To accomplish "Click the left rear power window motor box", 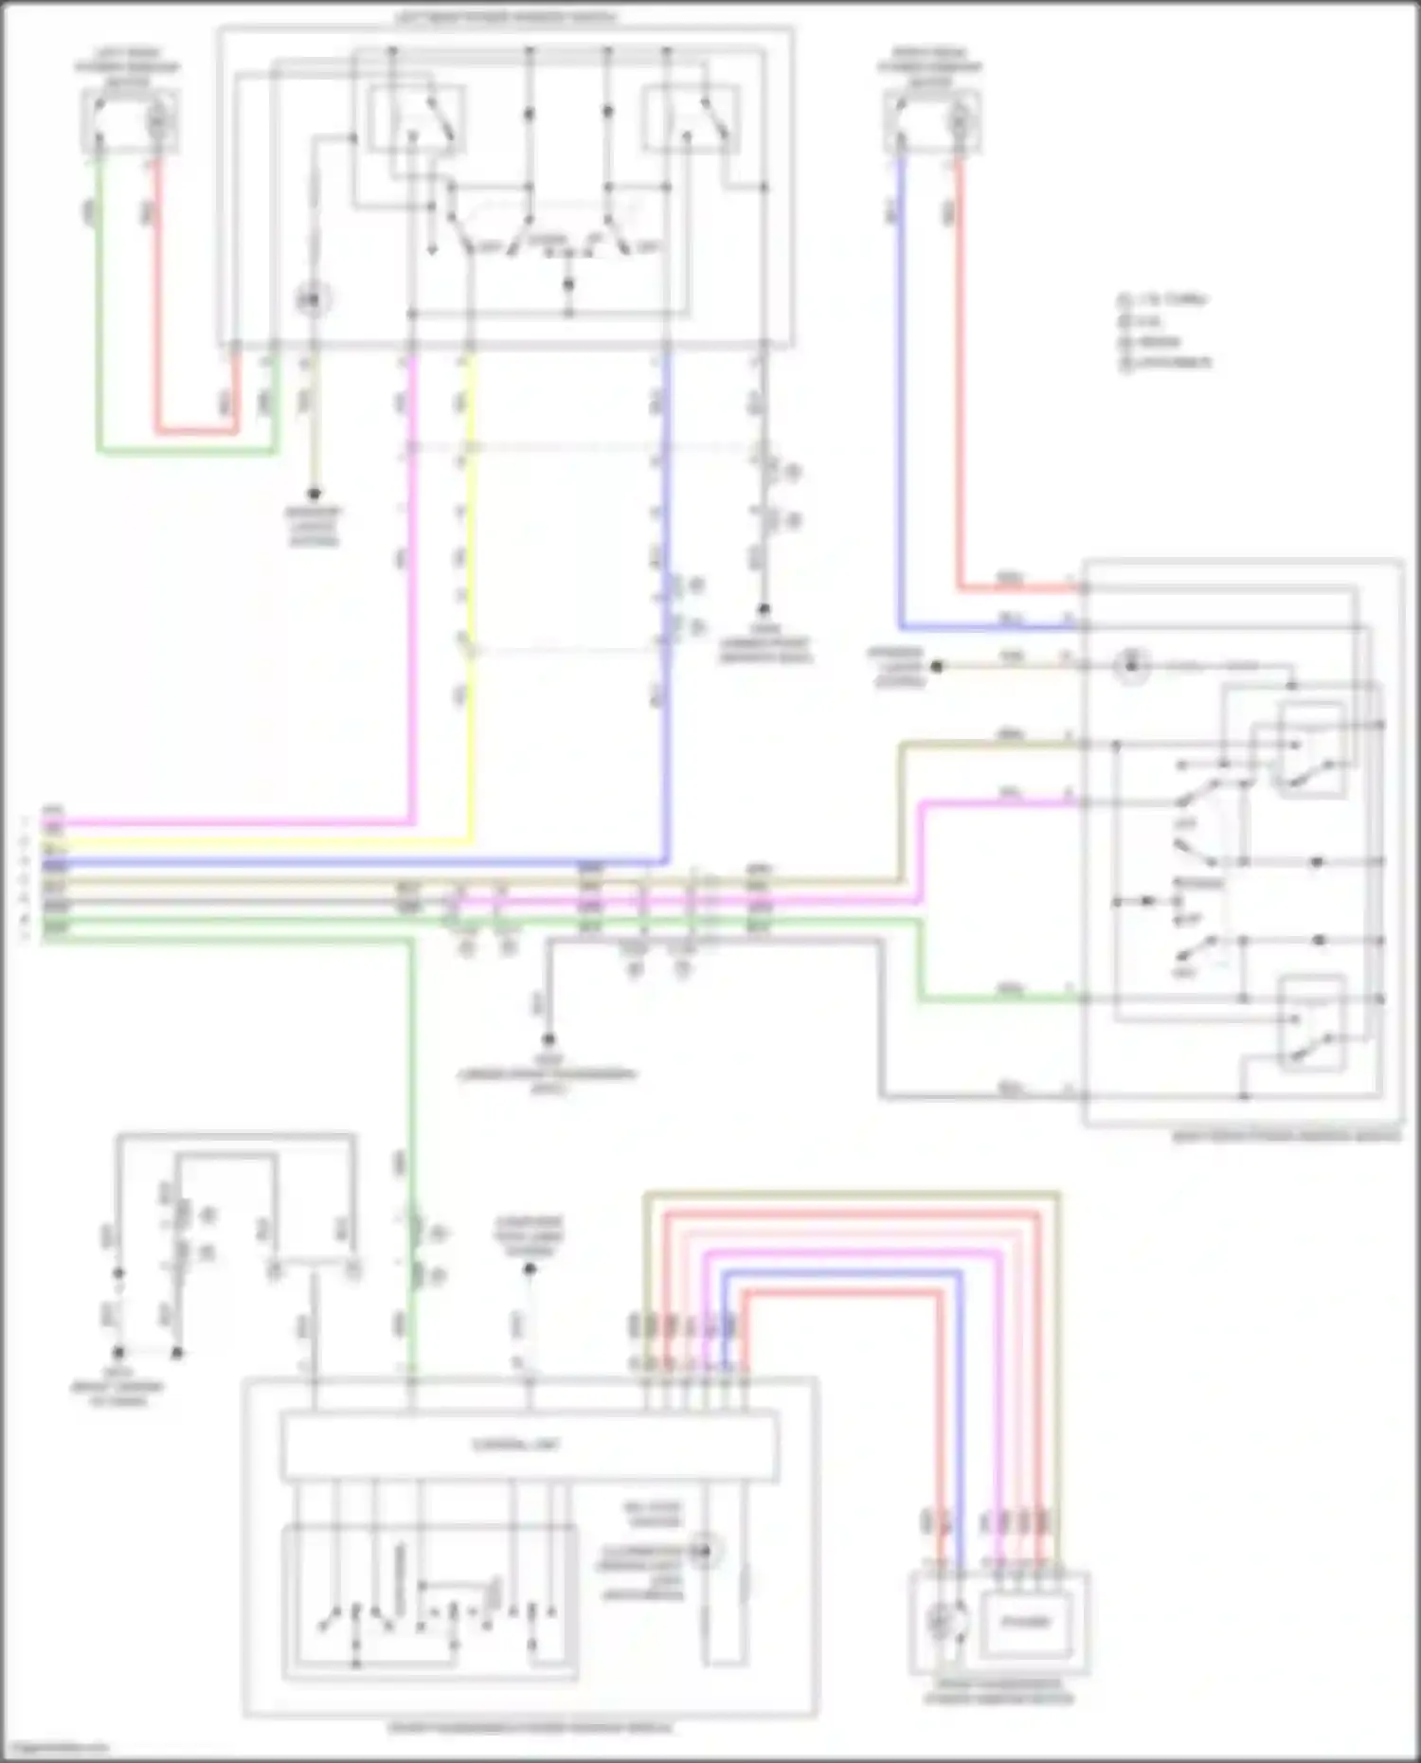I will tap(128, 120).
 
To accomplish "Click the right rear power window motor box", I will tap(931, 121).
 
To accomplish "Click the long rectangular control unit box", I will tap(530, 1446).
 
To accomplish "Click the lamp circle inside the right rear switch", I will tap(1131, 666).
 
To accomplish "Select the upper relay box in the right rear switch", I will tap(1312, 748).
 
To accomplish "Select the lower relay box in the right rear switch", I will tap(1312, 1023).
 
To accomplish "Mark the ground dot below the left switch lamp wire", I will tap(314, 495).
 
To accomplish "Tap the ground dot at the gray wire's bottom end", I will tap(548, 1039).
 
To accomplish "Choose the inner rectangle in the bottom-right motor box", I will tap(1026, 1622).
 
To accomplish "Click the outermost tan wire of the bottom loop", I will tap(853, 1195).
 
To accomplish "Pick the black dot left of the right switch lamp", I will tap(937, 667).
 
